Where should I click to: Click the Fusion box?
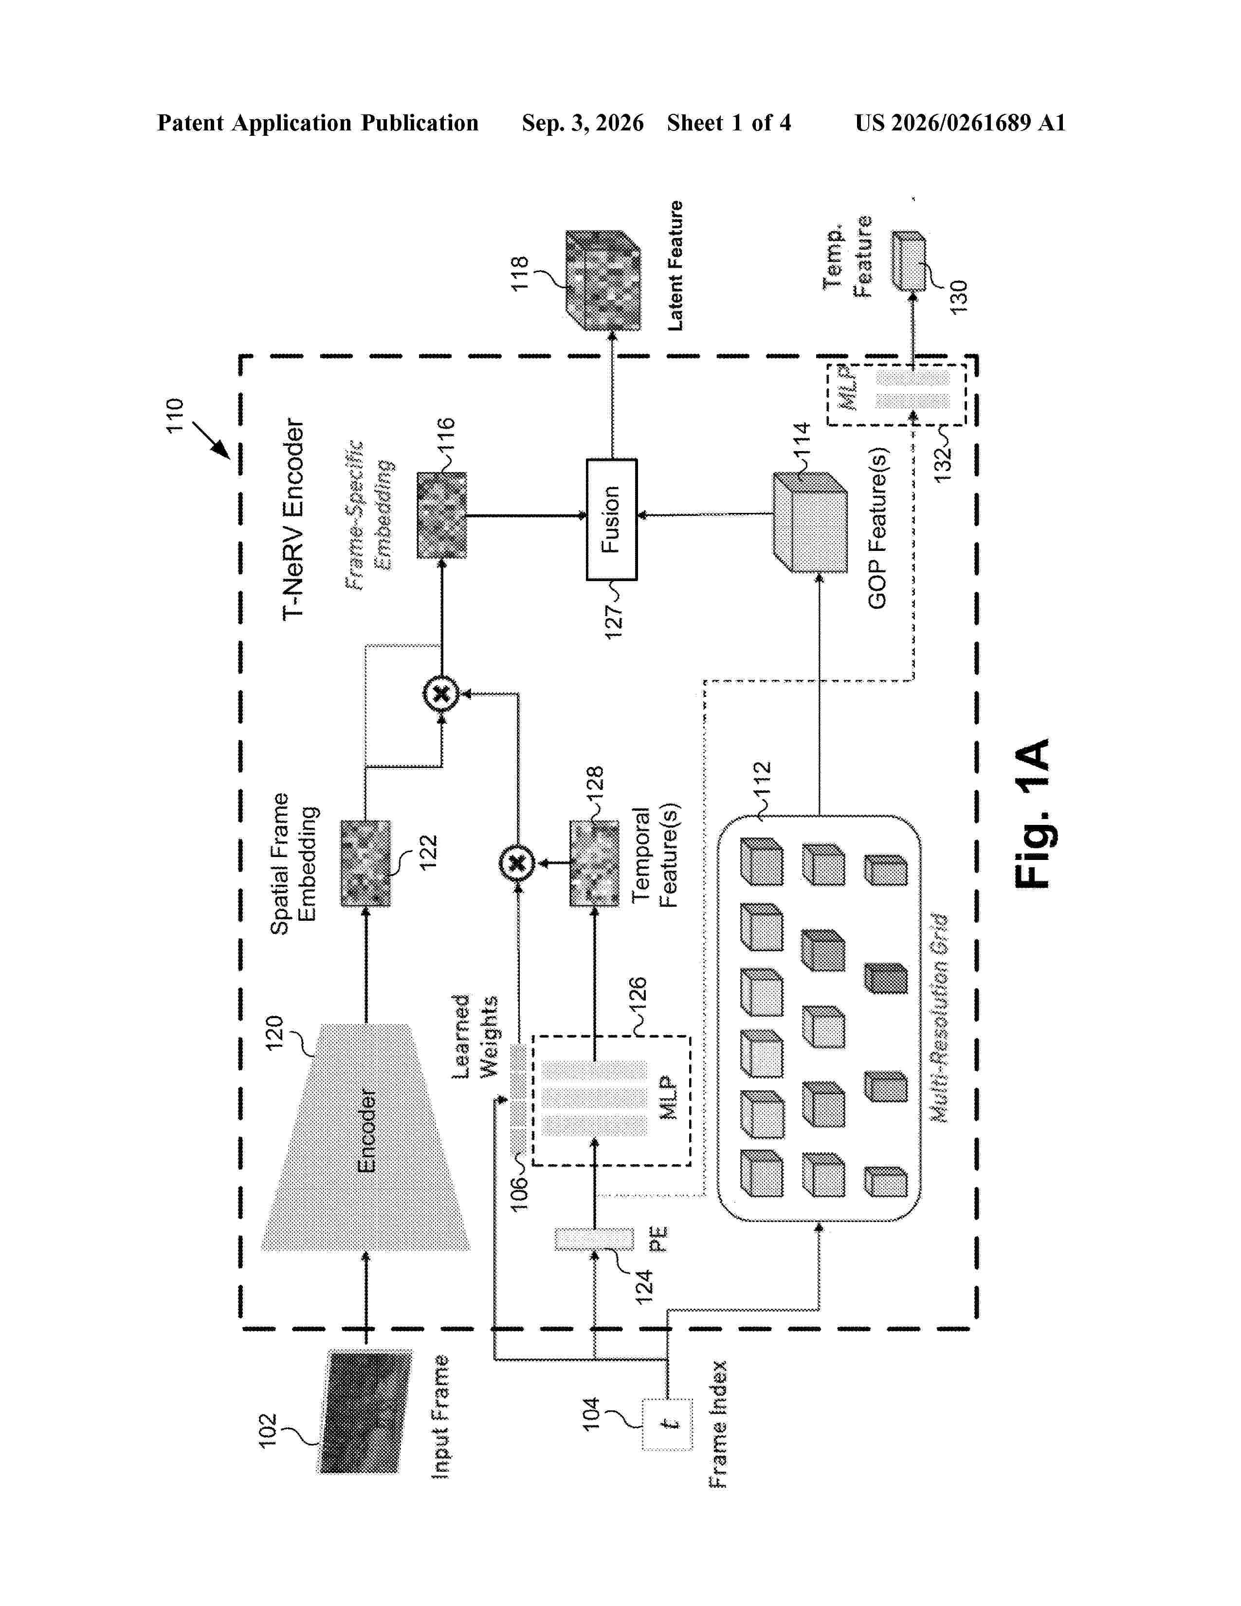pos(611,519)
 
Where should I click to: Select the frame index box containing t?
pos(668,1423)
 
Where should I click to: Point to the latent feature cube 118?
pos(603,280)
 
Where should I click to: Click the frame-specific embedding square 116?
pos(442,515)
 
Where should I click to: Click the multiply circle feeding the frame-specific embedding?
pos(441,693)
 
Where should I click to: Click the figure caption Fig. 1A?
pos(1033,813)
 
